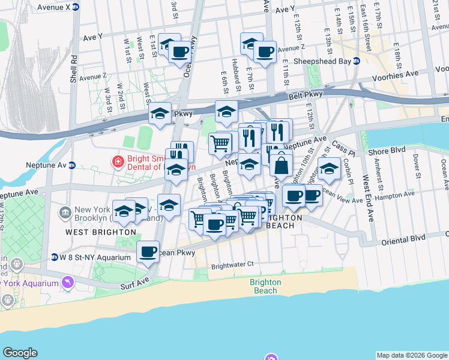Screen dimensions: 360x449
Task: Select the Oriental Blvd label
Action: coord(404,238)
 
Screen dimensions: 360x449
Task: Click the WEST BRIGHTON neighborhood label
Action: coord(101,232)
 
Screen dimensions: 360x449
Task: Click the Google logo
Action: coord(20,353)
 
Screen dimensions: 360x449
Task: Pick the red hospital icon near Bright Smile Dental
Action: coord(118,161)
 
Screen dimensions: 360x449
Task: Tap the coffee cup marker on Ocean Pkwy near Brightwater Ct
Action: coord(148,252)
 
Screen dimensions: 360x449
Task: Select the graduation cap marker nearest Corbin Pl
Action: coord(330,169)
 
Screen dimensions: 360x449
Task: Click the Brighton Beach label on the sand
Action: coord(265,286)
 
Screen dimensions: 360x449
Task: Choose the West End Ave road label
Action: coord(366,198)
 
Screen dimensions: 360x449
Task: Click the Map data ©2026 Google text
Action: coord(412,355)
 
